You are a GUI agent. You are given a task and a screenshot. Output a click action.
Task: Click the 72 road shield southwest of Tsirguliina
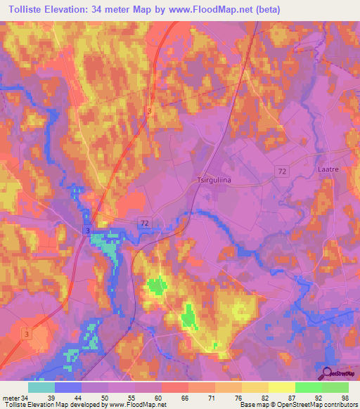(x=145, y=223)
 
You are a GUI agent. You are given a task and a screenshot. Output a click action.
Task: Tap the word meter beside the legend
(x=10, y=398)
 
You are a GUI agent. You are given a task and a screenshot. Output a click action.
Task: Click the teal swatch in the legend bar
(x=41, y=387)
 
